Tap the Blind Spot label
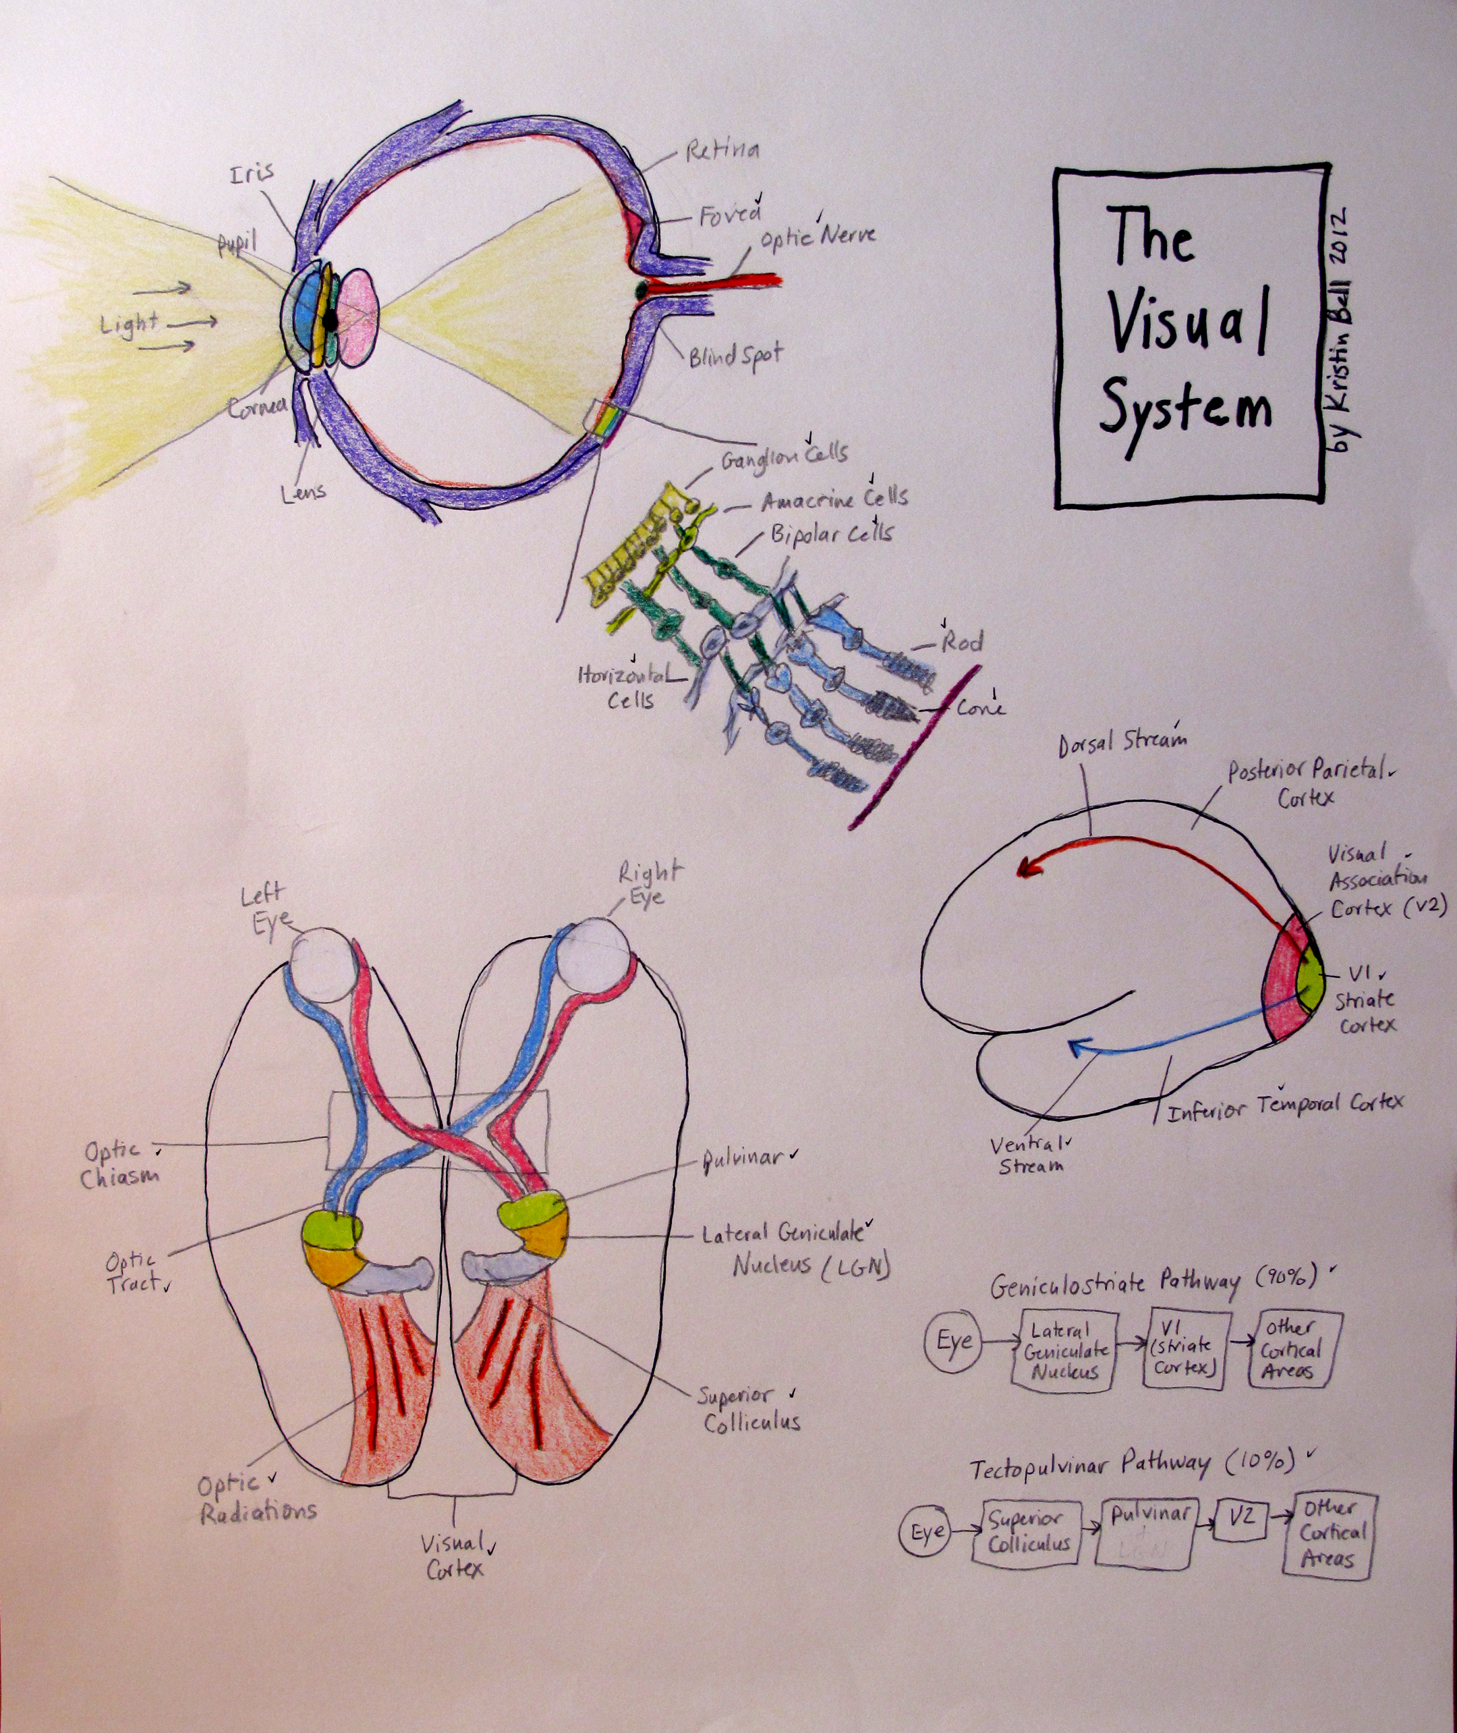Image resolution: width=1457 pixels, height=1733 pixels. point(735,357)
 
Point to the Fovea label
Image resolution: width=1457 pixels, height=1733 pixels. point(729,217)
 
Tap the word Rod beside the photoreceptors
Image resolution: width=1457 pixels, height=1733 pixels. point(963,642)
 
